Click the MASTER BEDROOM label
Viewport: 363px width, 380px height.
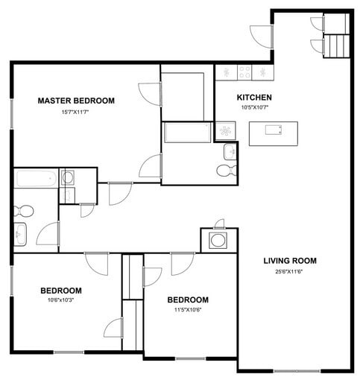[76, 101]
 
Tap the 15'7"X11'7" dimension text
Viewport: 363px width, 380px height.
[75, 112]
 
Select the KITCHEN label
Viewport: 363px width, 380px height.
[254, 98]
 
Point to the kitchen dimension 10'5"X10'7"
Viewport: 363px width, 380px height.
[253, 107]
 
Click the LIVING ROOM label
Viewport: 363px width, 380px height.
[290, 261]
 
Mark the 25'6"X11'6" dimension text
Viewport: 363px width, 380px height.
[290, 271]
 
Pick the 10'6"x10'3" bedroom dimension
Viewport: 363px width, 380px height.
[61, 300]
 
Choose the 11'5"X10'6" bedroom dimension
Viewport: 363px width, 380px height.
[189, 311]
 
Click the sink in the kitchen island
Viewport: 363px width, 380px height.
[273, 130]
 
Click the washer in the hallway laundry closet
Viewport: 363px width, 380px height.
[218, 240]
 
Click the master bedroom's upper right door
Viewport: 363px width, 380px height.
[150, 93]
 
